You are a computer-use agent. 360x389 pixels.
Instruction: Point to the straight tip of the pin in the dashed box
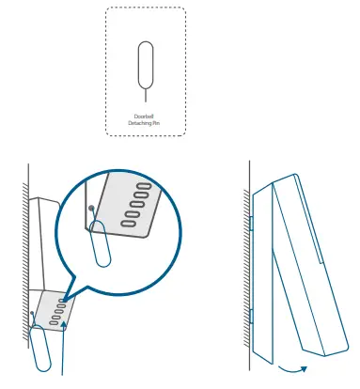(x=145, y=92)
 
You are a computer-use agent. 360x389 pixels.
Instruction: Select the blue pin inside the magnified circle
(x=100, y=247)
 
